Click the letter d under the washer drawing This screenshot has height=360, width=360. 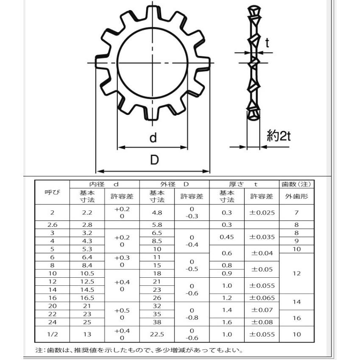pos(153,138)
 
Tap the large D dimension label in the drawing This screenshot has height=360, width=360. pos(154,160)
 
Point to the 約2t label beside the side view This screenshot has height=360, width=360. pos(279,136)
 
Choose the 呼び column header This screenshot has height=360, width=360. pos(52,192)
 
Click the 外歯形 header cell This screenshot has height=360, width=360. pos(296,196)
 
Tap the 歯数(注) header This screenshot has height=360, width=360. pos(296,184)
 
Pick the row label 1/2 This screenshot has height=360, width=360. pos(52,334)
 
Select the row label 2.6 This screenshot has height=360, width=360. pos(52,225)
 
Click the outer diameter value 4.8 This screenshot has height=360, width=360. pos(157,212)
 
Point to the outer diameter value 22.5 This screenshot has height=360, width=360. pos(157,334)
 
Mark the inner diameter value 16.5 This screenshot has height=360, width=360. pos(87,298)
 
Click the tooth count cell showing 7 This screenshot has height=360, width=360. pos(296,212)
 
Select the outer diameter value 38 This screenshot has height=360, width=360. pos(157,322)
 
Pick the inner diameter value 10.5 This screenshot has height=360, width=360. pos(87,273)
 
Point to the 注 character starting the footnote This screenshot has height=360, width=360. pos(39,350)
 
